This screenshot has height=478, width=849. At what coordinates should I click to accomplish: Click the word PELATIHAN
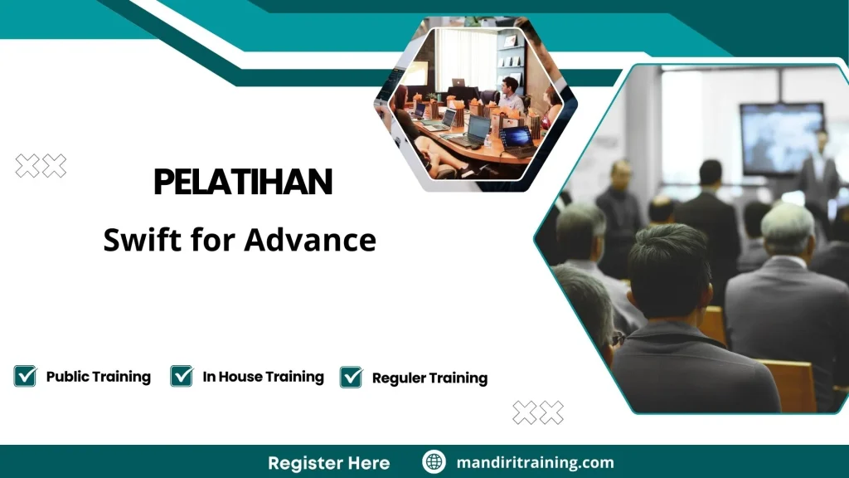point(243,183)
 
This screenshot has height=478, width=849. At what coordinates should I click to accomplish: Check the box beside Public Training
point(25,376)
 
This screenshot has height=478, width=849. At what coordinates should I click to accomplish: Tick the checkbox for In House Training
point(182,376)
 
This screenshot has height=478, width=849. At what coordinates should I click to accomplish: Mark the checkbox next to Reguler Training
point(352,378)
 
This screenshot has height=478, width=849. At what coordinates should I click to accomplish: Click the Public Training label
point(98,377)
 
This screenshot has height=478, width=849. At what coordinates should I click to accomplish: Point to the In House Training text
point(263,377)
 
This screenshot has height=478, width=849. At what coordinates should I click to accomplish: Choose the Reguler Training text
point(429,378)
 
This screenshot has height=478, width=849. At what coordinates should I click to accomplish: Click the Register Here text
point(328,462)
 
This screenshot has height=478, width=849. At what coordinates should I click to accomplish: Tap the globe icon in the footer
point(434,462)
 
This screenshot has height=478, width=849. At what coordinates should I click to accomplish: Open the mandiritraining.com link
point(535,462)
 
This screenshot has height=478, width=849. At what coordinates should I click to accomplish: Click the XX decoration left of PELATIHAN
point(41,166)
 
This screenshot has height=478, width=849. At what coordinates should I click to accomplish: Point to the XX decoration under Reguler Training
point(538,412)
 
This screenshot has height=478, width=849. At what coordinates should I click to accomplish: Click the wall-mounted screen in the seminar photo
point(782,138)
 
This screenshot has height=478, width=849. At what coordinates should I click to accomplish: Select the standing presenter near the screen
point(818,170)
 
